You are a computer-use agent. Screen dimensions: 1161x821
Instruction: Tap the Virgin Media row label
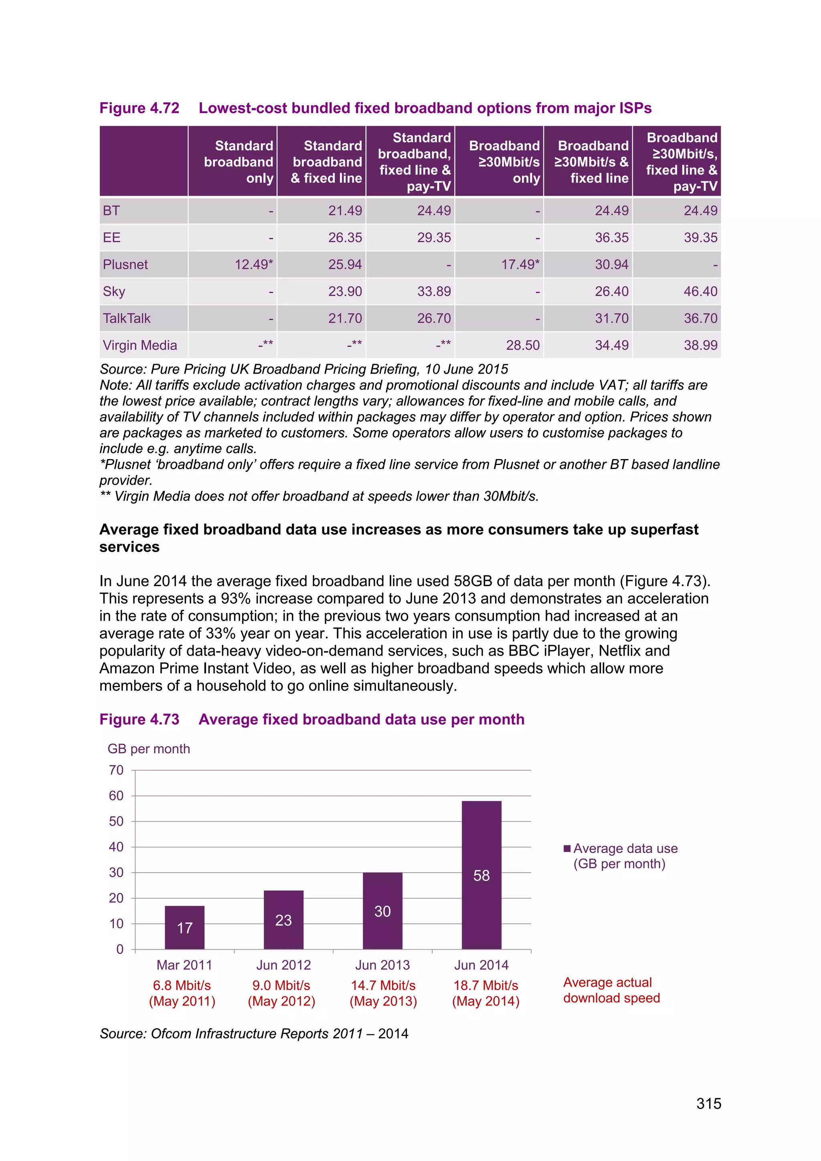click(x=140, y=345)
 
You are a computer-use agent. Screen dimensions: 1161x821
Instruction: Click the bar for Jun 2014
click(x=481, y=875)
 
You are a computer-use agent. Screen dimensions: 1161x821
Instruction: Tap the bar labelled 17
click(x=184, y=927)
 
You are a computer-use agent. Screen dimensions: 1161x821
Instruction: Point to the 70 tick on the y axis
click(x=116, y=770)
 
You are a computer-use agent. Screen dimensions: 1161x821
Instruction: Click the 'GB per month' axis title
click(x=149, y=749)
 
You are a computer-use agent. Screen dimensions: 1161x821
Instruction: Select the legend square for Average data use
click(x=567, y=849)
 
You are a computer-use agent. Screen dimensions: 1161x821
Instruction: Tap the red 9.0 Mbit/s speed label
click(x=281, y=985)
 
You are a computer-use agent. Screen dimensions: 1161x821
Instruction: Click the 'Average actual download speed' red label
click(x=611, y=990)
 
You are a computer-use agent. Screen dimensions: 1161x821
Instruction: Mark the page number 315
click(x=708, y=1104)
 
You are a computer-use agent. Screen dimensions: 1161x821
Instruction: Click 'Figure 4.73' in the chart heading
click(x=140, y=719)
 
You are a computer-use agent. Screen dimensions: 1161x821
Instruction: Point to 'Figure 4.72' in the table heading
click(x=140, y=108)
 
